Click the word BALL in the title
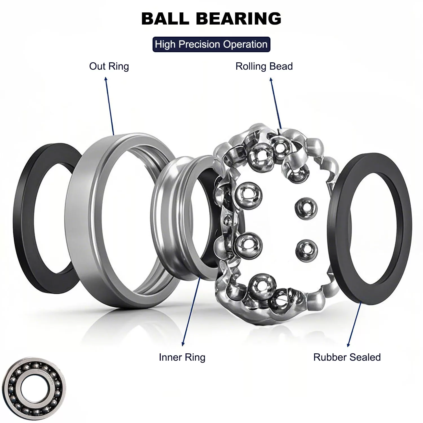pos(165,19)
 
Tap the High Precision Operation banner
pos(211,44)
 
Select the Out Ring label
pos(109,66)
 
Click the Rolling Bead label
pos(264,66)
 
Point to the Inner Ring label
pos(182,357)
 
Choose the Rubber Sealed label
pos(347,357)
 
